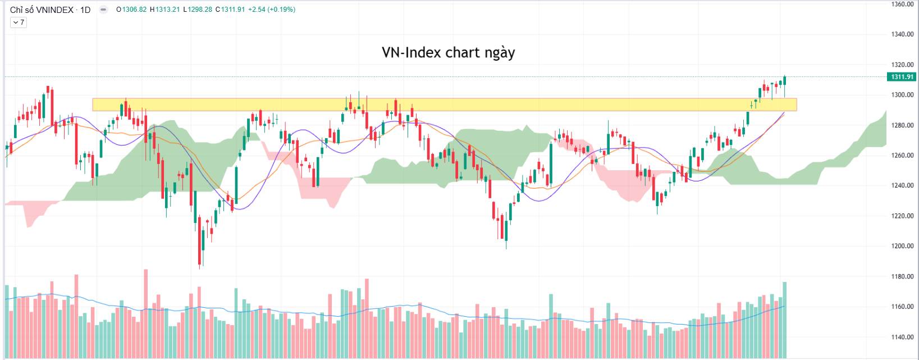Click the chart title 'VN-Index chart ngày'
click(448, 53)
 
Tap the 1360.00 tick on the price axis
click(903, 4)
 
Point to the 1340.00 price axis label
click(903, 34)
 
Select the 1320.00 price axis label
click(903, 65)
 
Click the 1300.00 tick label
click(903, 95)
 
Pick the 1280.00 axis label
click(903, 125)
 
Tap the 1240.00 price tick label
click(903, 185)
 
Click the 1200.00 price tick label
click(903, 246)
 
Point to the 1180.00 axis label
click(903, 276)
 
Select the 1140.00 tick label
click(903, 337)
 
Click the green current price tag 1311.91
click(901, 77)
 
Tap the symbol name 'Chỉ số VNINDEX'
click(42, 10)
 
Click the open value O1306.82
click(131, 10)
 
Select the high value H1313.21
click(164, 10)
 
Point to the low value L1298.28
click(197, 10)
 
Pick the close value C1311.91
click(230, 10)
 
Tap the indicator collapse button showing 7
click(18, 22)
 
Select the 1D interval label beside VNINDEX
click(85, 10)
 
